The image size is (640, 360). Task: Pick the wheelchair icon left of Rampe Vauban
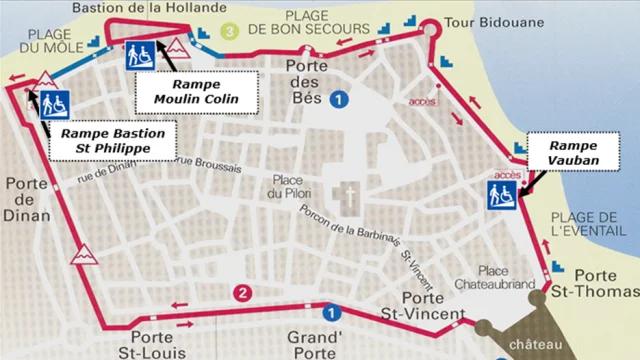pos(503,195)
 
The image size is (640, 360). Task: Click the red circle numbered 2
pos(240,293)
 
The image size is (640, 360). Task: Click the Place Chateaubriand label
pos(506,279)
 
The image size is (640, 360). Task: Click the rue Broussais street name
pos(208,161)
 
